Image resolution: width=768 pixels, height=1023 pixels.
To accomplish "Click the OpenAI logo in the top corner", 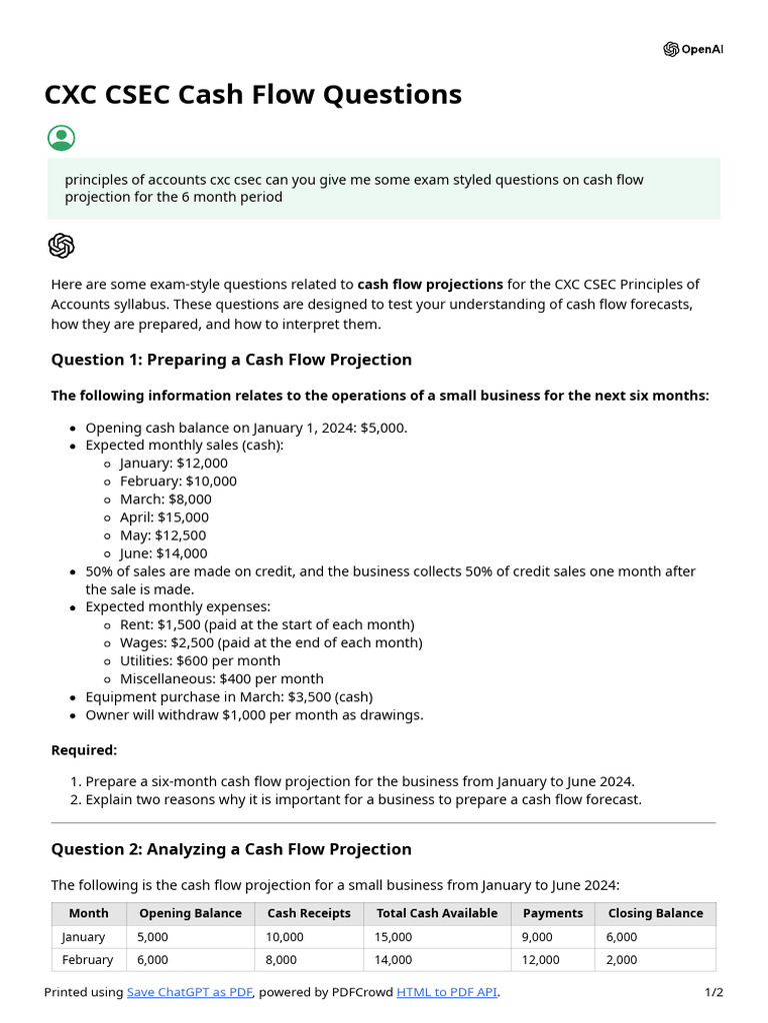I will [x=692, y=49].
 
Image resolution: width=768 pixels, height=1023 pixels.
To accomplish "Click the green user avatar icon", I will [x=61, y=138].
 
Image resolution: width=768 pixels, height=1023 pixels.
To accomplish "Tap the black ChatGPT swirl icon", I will [x=61, y=246].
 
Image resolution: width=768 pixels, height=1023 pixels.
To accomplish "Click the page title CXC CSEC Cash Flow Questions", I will [x=253, y=95].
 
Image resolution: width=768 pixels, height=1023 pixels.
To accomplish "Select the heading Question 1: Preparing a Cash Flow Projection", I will [x=231, y=360].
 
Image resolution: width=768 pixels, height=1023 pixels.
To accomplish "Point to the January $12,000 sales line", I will [x=173, y=463].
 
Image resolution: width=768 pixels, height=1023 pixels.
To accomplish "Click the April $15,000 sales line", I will [x=164, y=517].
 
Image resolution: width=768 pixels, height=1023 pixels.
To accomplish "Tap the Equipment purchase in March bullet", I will [x=226, y=697].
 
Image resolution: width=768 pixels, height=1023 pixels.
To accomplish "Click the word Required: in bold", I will [x=84, y=750].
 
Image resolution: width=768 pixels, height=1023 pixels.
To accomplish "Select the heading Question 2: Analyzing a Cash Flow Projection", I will [x=231, y=849].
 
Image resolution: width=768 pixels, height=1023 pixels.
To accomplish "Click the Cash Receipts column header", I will [x=309, y=913].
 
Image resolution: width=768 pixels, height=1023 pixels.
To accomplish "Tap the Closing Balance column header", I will [x=655, y=913].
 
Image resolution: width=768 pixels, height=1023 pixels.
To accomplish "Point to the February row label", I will [x=88, y=960].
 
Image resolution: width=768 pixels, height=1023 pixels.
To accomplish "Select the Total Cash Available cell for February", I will [x=394, y=960].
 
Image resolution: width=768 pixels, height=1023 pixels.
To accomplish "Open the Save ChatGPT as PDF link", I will [x=190, y=992].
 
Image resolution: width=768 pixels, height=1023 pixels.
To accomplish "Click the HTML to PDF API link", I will [x=446, y=992].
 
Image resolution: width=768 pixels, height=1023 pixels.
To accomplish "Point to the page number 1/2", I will [x=713, y=992].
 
